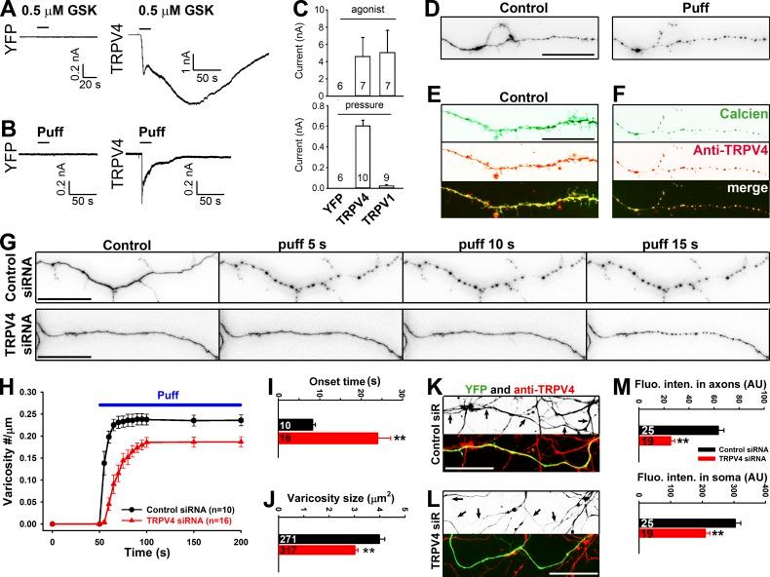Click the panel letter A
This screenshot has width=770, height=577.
(8, 10)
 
